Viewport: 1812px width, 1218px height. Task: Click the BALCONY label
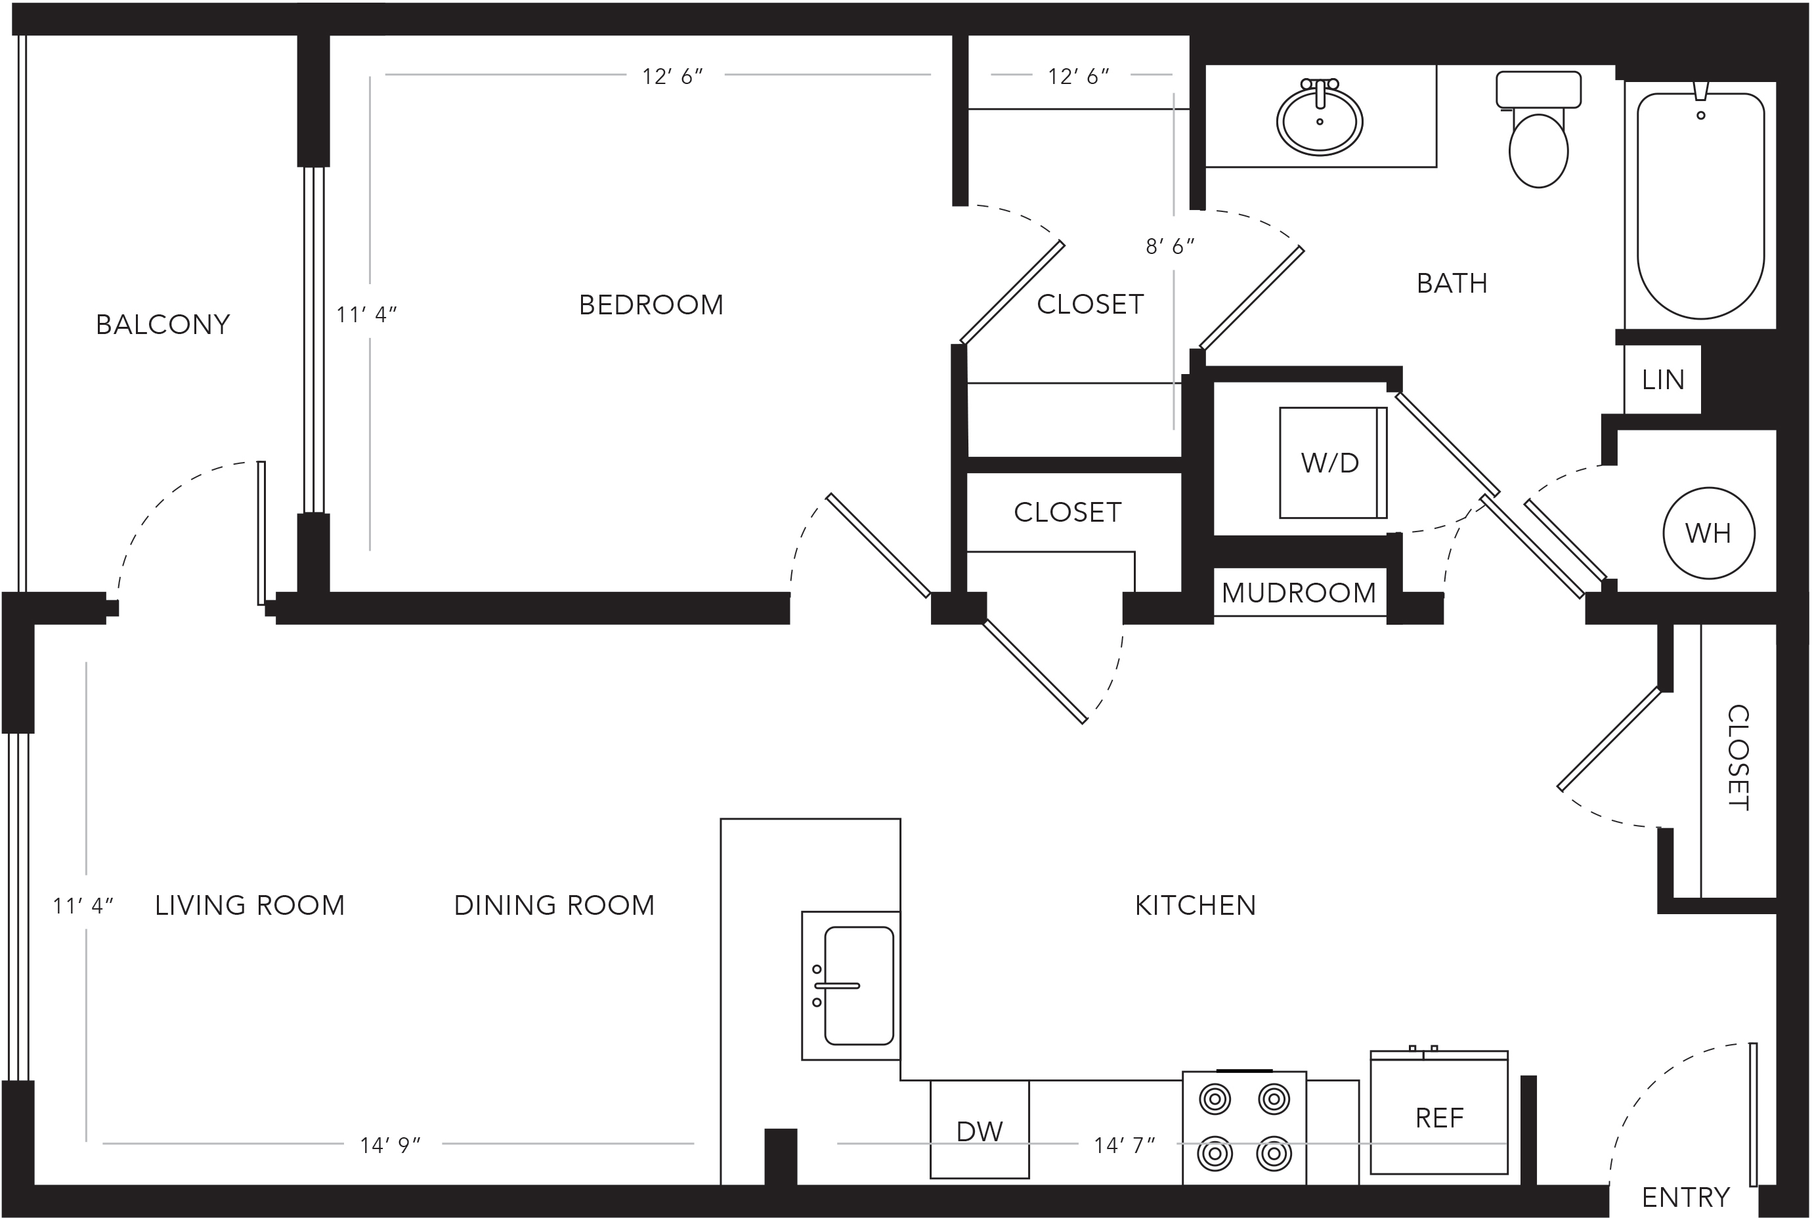click(x=163, y=324)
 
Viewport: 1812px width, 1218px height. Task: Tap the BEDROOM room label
click(x=651, y=304)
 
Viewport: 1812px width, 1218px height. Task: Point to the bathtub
click(x=1701, y=206)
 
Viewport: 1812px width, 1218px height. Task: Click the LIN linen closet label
click(x=1664, y=380)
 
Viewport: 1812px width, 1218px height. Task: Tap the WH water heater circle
click(x=1709, y=533)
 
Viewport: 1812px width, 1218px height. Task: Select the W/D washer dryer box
click(x=1333, y=463)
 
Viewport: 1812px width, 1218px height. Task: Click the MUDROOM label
click(x=1299, y=593)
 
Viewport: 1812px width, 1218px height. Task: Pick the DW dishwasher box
click(x=980, y=1129)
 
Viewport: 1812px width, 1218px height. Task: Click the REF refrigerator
click(x=1439, y=1112)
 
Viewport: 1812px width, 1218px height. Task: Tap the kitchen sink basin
click(x=859, y=986)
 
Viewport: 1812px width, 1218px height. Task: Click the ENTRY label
click(x=1685, y=1197)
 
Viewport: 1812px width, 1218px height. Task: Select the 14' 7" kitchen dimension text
click(x=1125, y=1145)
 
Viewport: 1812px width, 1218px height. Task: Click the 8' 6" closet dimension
click(x=1170, y=246)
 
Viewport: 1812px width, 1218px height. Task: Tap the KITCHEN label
click(x=1195, y=905)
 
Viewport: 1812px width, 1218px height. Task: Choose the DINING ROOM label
click(x=554, y=905)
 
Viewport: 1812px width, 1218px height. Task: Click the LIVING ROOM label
click(x=249, y=905)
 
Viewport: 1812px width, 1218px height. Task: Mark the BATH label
click(x=1452, y=283)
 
